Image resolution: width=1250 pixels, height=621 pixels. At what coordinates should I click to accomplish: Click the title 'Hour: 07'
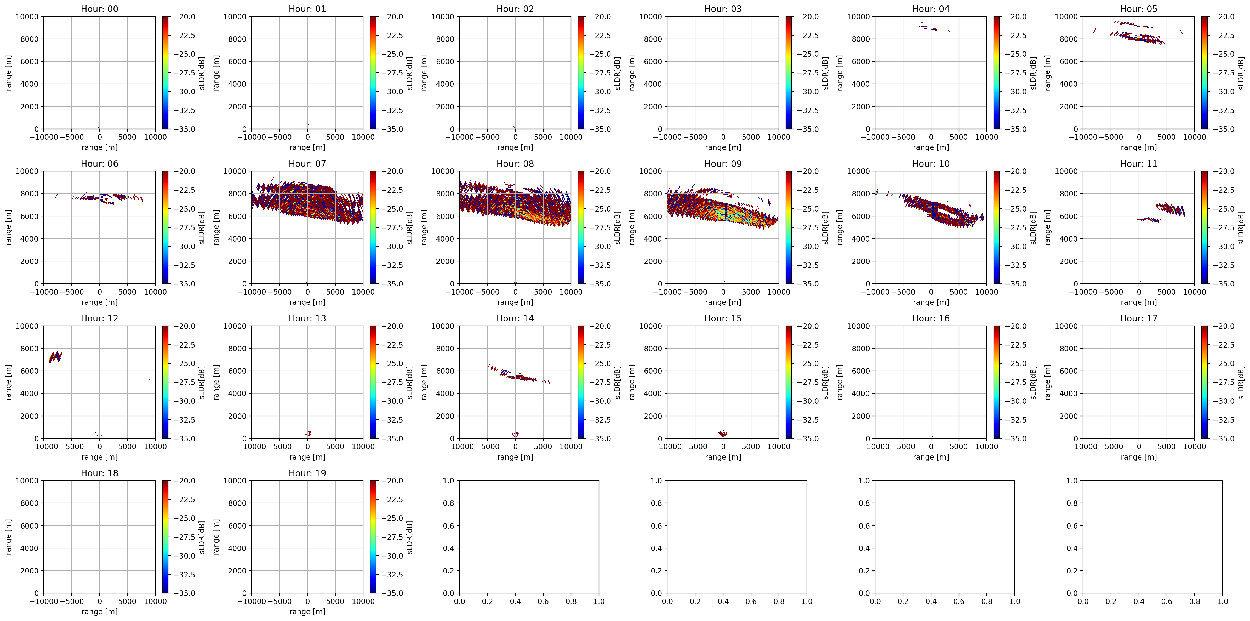click(x=307, y=164)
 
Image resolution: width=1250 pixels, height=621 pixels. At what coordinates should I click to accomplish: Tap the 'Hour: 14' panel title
click(x=515, y=319)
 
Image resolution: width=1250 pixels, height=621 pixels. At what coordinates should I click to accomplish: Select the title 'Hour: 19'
click(x=307, y=473)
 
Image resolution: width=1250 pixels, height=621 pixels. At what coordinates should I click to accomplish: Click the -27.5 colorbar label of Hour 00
click(x=184, y=73)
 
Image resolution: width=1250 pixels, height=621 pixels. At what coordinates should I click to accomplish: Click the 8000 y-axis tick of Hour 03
click(x=653, y=39)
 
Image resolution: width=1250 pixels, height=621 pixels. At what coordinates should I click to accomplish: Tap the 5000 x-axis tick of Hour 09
click(x=751, y=292)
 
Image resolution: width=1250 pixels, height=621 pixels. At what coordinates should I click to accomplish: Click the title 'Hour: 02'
click(x=515, y=9)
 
